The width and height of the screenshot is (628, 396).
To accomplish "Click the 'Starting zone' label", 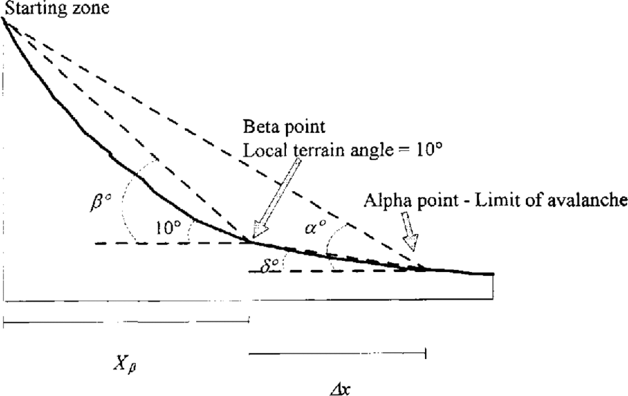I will [56, 8].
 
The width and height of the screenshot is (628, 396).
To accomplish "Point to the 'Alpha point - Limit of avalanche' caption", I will [493, 200].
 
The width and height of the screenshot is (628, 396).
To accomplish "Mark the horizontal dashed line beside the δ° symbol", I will [336, 271].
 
